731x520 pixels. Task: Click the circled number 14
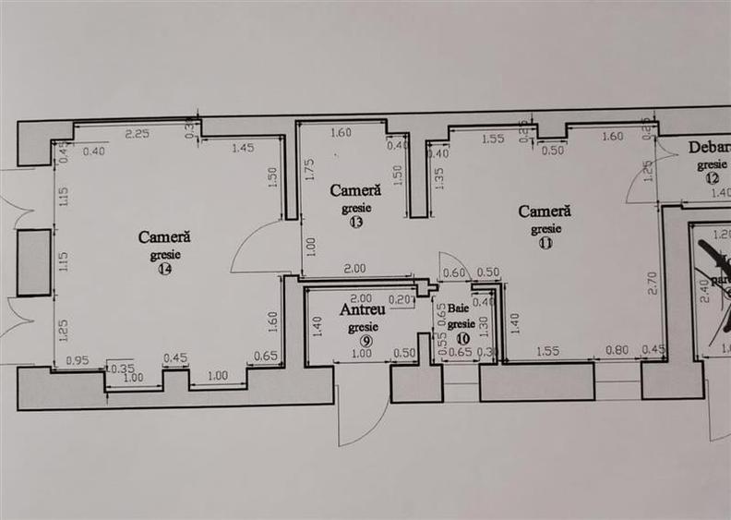(165, 270)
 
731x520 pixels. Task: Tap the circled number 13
(356, 223)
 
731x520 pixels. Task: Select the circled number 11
(545, 244)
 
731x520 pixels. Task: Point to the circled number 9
(366, 341)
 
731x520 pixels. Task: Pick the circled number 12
(712, 178)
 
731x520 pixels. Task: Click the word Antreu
(363, 310)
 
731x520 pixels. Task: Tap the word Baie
(459, 308)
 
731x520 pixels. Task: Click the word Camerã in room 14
(164, 237)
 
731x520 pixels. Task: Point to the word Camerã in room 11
(545, 211)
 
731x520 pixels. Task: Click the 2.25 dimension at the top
(138, 133)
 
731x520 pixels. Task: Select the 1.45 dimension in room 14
(244, 148)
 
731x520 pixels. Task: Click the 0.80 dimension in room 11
(617, 350)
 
